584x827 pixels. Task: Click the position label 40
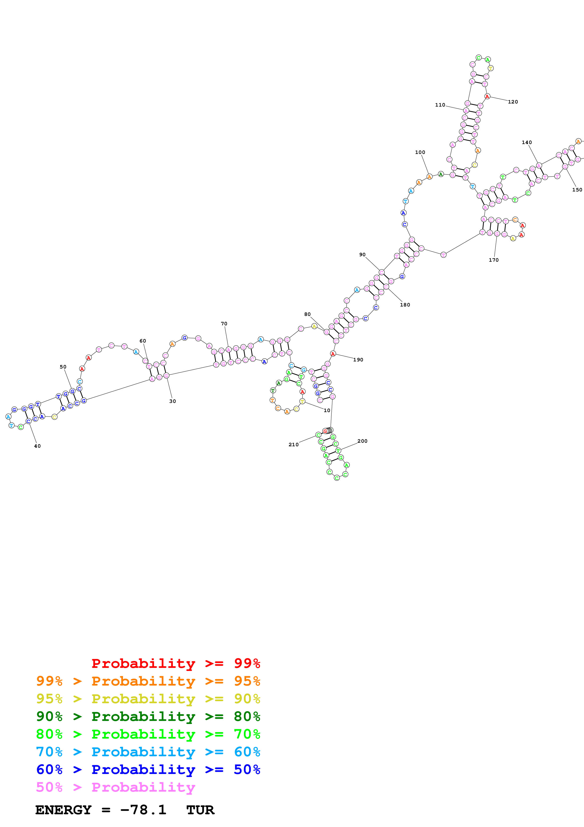(x=37, y=446)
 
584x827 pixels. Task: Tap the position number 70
(x=224, y=324)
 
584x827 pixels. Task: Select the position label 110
(x=440, y=105)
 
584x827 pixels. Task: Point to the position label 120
(x=513, y=102)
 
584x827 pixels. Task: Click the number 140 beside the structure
(x=527, y=143)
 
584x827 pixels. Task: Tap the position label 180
(x=405, y=305)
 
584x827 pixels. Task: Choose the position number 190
(x=358, y=360)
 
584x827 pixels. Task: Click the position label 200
(x=362, y=441)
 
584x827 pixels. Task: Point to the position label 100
(x=420, y=152)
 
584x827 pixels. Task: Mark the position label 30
(x=172, y=401)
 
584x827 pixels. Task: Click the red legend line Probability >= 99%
(x=176, y=663)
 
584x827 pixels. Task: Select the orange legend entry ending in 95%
(x=148, y=681)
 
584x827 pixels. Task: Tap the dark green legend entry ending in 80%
(x=148, y=716)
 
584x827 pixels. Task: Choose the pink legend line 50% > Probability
(x=115, y=787)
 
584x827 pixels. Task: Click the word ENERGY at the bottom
(x=63, y=810)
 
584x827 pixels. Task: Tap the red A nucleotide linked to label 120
(x=487, y=96)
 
